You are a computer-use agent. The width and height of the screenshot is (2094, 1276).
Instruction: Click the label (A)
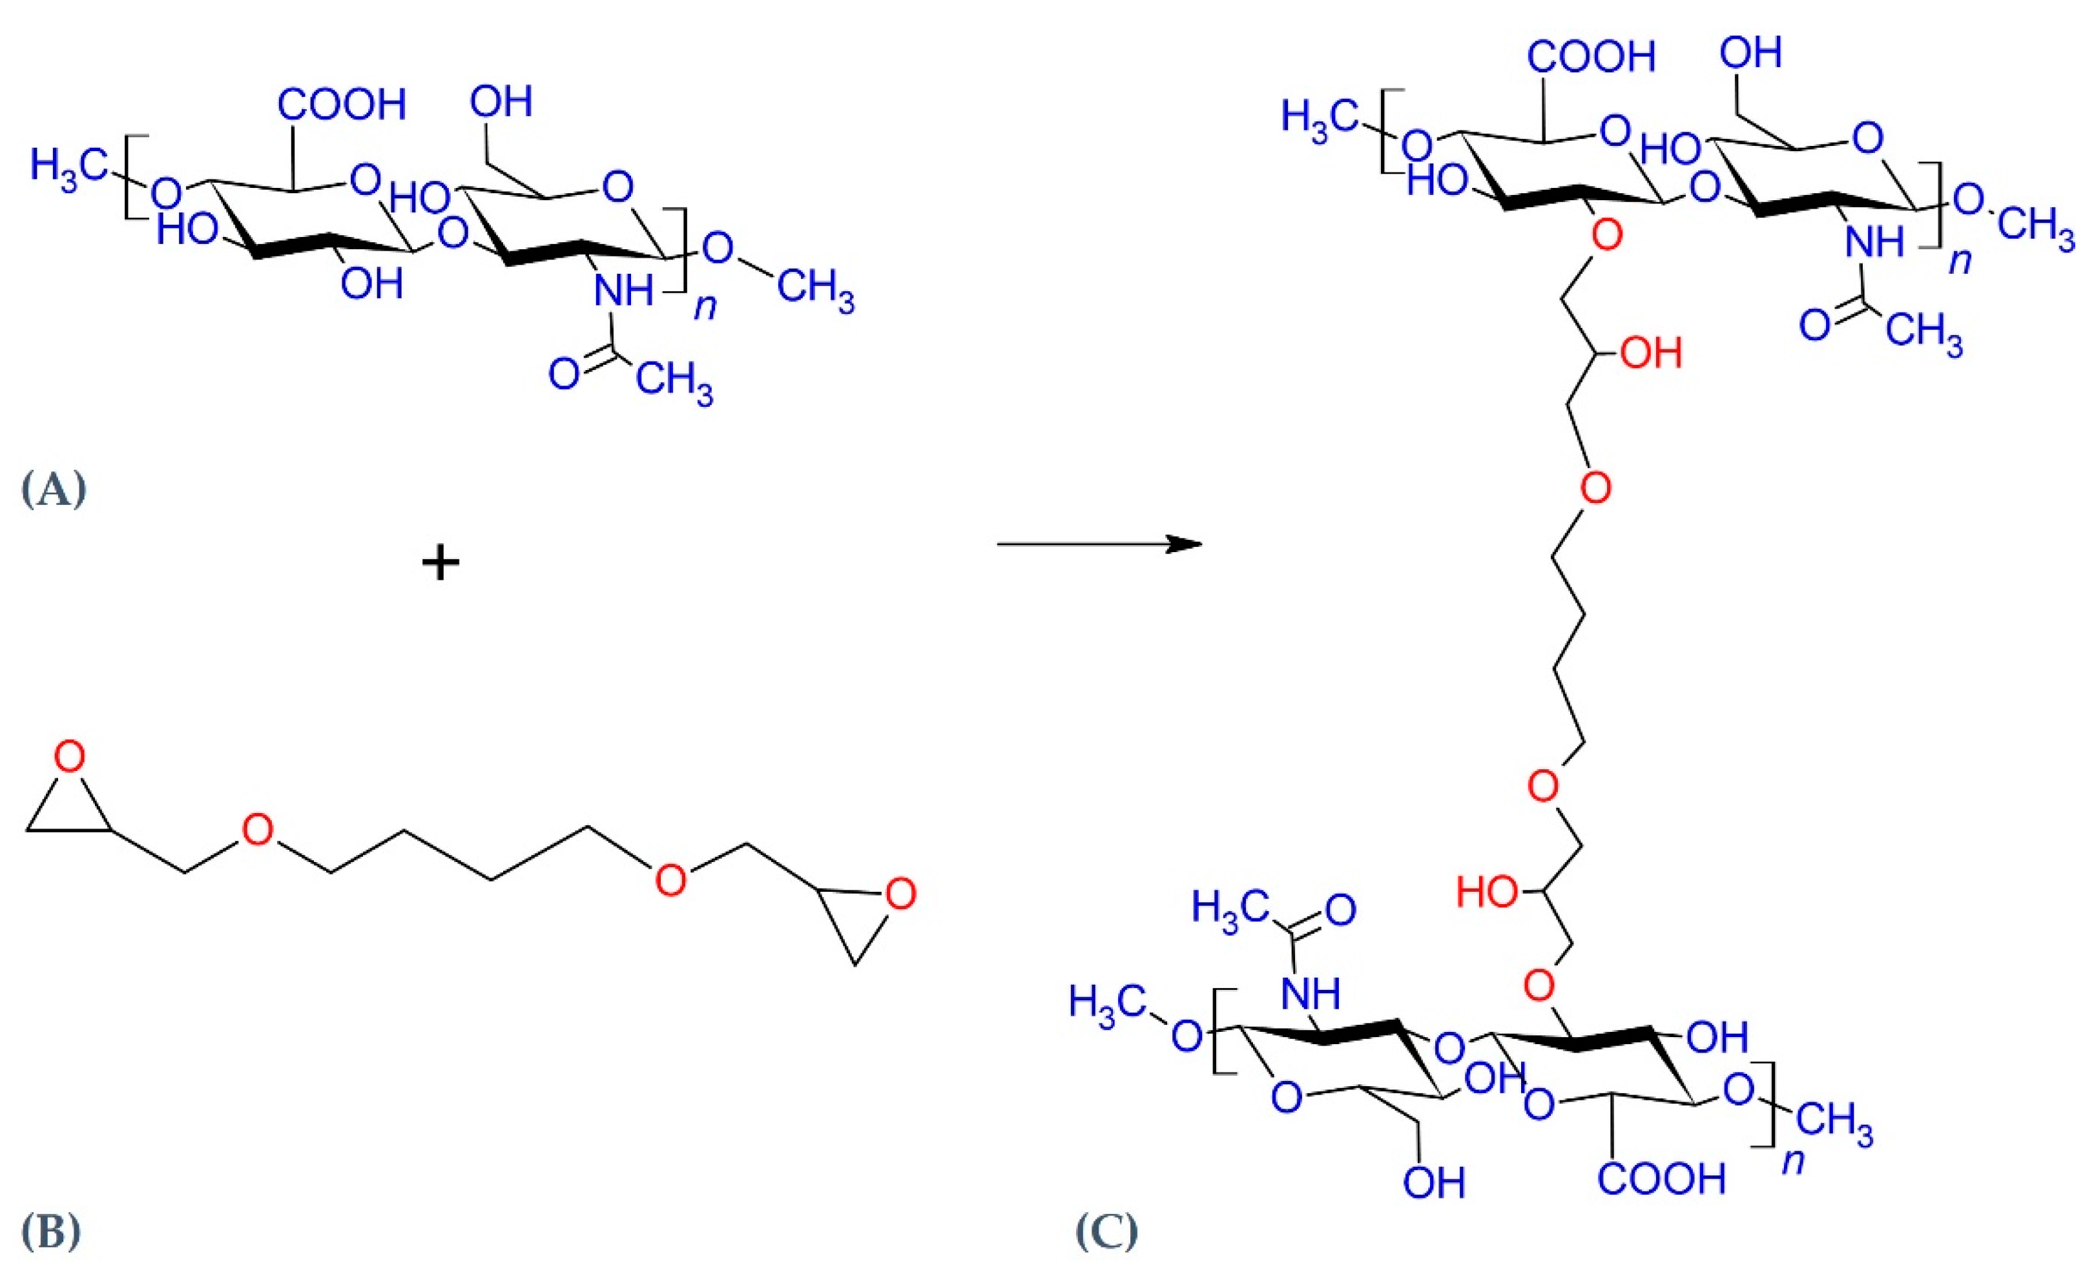point(53,490)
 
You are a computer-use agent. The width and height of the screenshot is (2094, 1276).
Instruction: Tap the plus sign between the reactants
point(441,563)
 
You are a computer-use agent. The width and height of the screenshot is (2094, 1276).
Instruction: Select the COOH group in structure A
point(342,106)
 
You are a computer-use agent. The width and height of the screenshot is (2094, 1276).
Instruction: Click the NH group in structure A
point(623,291)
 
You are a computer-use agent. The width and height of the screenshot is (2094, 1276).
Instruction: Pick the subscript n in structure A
point(705,306)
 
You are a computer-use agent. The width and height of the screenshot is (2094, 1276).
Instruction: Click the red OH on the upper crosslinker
point(1650,353)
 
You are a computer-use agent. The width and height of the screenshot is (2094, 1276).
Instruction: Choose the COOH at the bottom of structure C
point(1661,1178)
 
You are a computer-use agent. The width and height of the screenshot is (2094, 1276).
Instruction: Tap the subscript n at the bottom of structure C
point(1792,1160)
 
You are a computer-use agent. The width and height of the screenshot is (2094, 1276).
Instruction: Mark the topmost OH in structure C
point(1750,54)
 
